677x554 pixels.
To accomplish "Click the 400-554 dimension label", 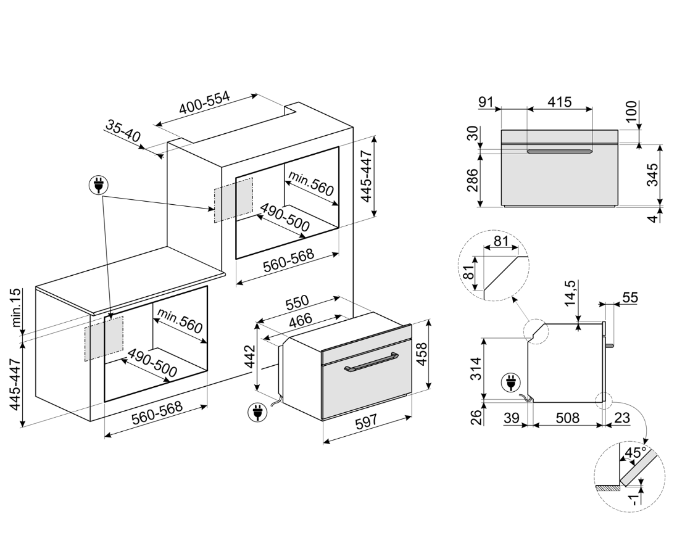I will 204,107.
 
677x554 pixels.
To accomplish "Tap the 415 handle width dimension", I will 559,102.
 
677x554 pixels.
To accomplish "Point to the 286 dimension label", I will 472,180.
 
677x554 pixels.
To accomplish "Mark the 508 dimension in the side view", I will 567,418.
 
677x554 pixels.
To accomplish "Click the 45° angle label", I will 635,453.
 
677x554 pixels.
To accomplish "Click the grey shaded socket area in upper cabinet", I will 233,200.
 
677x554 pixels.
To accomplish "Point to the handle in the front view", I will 559,151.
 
